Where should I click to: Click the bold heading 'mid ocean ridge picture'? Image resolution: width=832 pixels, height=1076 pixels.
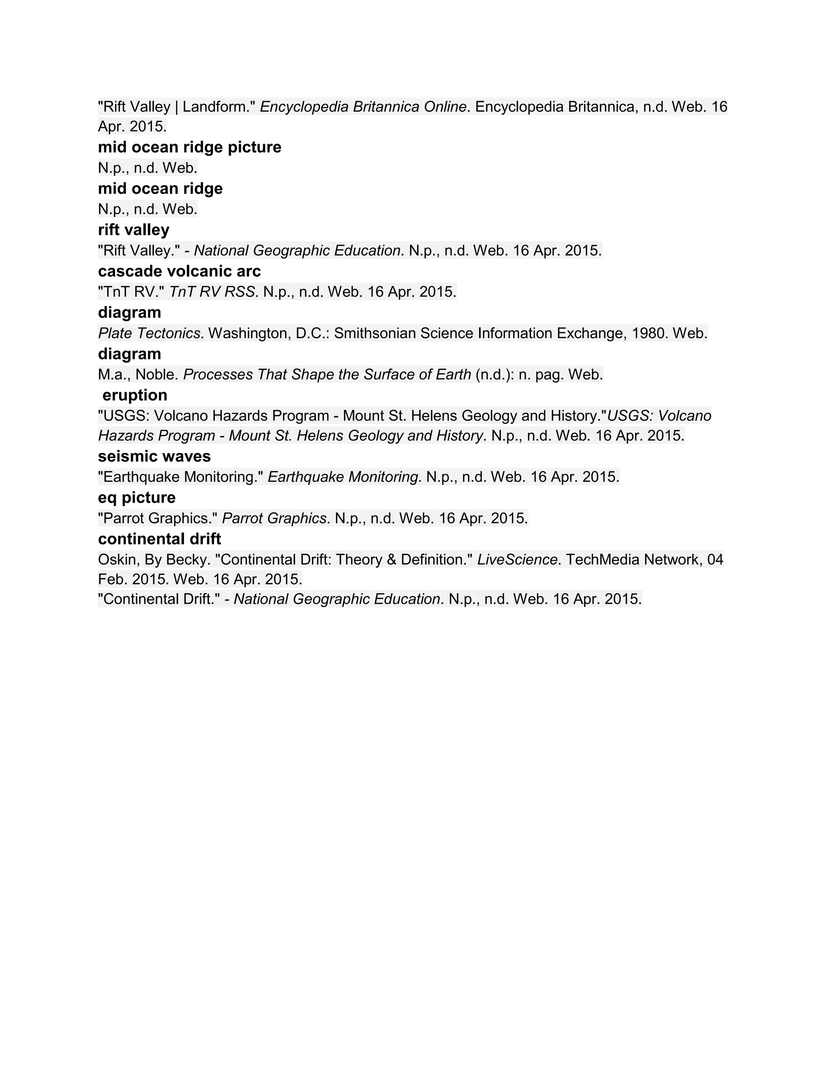coord(189,147)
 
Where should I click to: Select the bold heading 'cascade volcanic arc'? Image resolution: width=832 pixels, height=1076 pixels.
coord(180,272)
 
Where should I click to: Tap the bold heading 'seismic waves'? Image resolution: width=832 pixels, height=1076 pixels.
coord(154,457)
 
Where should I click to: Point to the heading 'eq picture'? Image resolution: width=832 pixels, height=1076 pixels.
coord(136,498)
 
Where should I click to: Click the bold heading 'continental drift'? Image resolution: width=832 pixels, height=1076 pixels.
coord(159,539)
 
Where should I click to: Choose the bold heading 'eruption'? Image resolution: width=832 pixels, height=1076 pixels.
coord(134,395)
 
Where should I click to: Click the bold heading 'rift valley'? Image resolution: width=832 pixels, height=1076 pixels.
coord(134,230)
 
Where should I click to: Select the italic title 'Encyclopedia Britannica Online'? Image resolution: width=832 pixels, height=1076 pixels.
coord(363,107)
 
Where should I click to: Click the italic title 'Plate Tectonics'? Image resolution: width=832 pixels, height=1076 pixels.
coord(149,333)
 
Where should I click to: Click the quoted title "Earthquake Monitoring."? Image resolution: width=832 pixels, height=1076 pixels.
coord(180,477)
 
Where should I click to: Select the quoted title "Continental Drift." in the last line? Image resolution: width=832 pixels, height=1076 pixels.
coord(159,599)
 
